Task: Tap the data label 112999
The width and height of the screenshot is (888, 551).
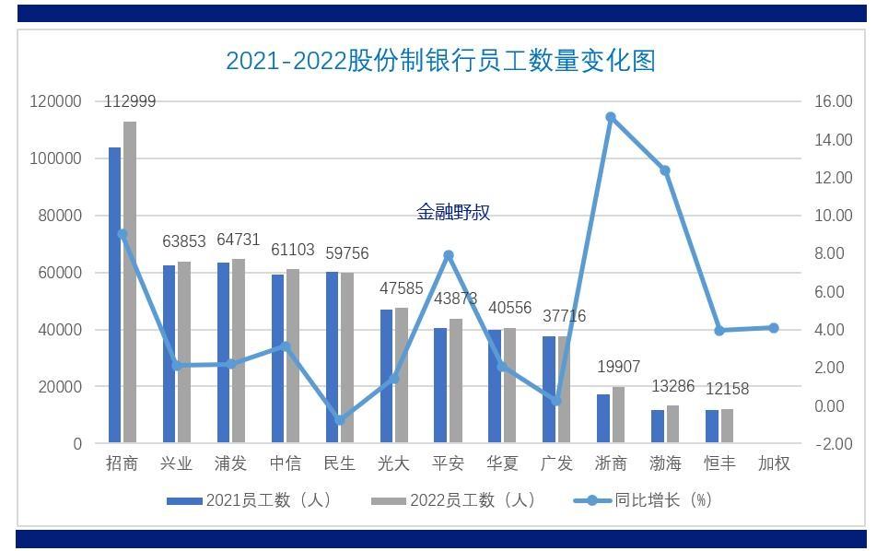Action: [x=130, y=102]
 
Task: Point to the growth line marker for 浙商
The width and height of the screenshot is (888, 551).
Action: [x=611, y=117]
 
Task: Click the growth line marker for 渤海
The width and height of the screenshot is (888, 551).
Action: [x=665, y=170]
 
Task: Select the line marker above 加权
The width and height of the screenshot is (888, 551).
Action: [x=774, y=328]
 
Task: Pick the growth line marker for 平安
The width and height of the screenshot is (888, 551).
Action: [x=449, y=255]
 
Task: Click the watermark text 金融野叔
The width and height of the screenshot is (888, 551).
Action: [x=453, y=213]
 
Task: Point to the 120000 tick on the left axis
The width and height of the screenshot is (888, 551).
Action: [x=56, y=101]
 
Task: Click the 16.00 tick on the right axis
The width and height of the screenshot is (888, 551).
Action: [x=833, y=101]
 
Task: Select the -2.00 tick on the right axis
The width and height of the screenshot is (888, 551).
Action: [x=833, y=444]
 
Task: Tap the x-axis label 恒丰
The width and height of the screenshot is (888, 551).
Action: [x=719, y=463]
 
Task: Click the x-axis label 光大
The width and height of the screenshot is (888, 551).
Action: [x=394, y=463]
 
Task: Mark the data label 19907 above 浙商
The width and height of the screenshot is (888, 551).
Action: [x=617, y=368]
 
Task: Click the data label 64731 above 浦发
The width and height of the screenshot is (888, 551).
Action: [x=238, y=240]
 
